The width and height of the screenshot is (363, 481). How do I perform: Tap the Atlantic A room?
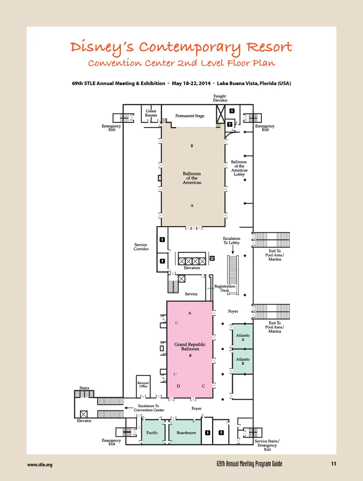coord(243,336)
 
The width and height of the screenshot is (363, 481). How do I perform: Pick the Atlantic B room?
coord(243,361)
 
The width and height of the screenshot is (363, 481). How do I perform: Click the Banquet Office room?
coord(143,387)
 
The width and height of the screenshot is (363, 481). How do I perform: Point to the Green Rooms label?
coord(151,113)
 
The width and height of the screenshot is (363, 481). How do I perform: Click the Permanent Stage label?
coord(189,116)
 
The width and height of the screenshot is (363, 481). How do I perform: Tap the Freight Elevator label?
coord(220,98)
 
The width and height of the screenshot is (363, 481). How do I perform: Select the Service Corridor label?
coord(141,247)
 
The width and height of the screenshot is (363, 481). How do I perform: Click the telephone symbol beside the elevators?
coord(212,258)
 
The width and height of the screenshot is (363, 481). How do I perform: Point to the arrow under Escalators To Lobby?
coord(233,250)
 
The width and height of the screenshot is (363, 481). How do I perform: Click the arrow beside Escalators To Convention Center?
coord(129,408)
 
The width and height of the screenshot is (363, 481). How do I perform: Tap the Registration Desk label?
coord(225,288)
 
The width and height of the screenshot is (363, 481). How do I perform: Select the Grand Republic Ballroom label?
coord(190,346)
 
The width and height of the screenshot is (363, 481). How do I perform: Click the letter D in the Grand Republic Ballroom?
coord(178,386)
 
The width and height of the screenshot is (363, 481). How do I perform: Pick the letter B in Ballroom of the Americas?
coord(192,146)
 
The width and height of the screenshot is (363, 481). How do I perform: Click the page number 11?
coord(334,464)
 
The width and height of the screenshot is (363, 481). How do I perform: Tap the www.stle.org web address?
coord(40,465)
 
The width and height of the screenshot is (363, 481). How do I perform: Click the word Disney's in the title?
coord(102,47)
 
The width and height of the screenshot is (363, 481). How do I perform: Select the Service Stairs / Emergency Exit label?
coord(267,445)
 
